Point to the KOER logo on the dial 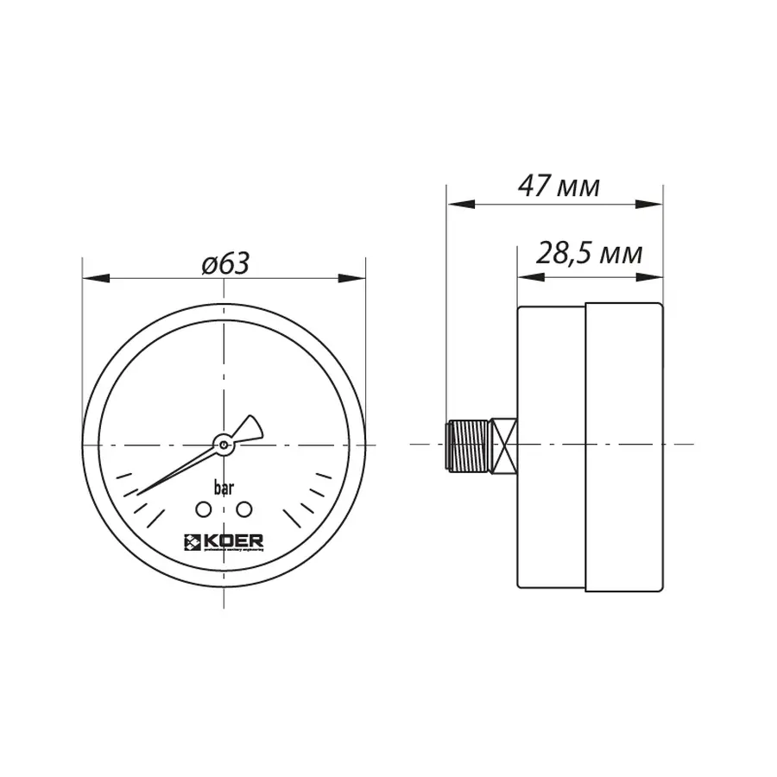(x=223, y=542)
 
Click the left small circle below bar (x=203, y=509)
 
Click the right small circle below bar (x=243, y=509)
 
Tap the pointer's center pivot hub (x=224, y=445)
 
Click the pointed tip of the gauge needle (x=140, y=493)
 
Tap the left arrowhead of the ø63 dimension (x=94, y=279)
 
